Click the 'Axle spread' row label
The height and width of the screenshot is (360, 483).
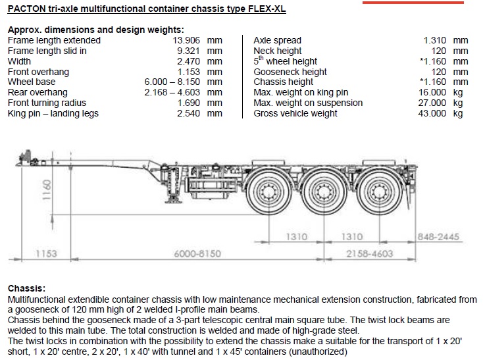[x=278, y=40]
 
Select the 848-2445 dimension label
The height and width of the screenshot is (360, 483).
[x=438, y=236]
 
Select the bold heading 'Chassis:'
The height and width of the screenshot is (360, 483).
[x=26, y=289]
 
